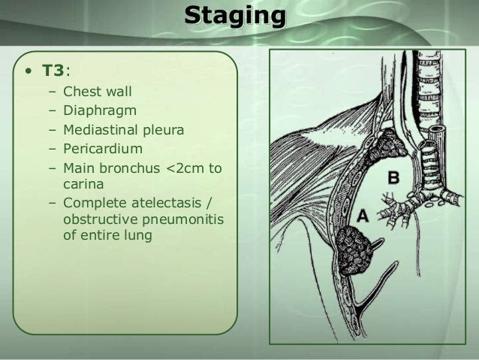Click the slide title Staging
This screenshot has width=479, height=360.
click(x=235, y=17)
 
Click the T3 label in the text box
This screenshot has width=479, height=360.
click(x=53, y=71)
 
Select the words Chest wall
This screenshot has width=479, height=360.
click(x=98, y=92)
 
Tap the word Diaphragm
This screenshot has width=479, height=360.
click(x=100, y=111)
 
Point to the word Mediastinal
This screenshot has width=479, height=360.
click(x=98, y=130)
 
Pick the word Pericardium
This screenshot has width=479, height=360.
click(x=103, y=149)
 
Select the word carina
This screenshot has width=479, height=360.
click(x=83, y=184)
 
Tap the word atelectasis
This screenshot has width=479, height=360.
click(x=166, y=203)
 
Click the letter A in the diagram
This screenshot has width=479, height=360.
click(x=363, y=216)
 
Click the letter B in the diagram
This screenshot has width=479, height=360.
click(x=393, y=177)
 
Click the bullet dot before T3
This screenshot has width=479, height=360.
click(x=29, y=71)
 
